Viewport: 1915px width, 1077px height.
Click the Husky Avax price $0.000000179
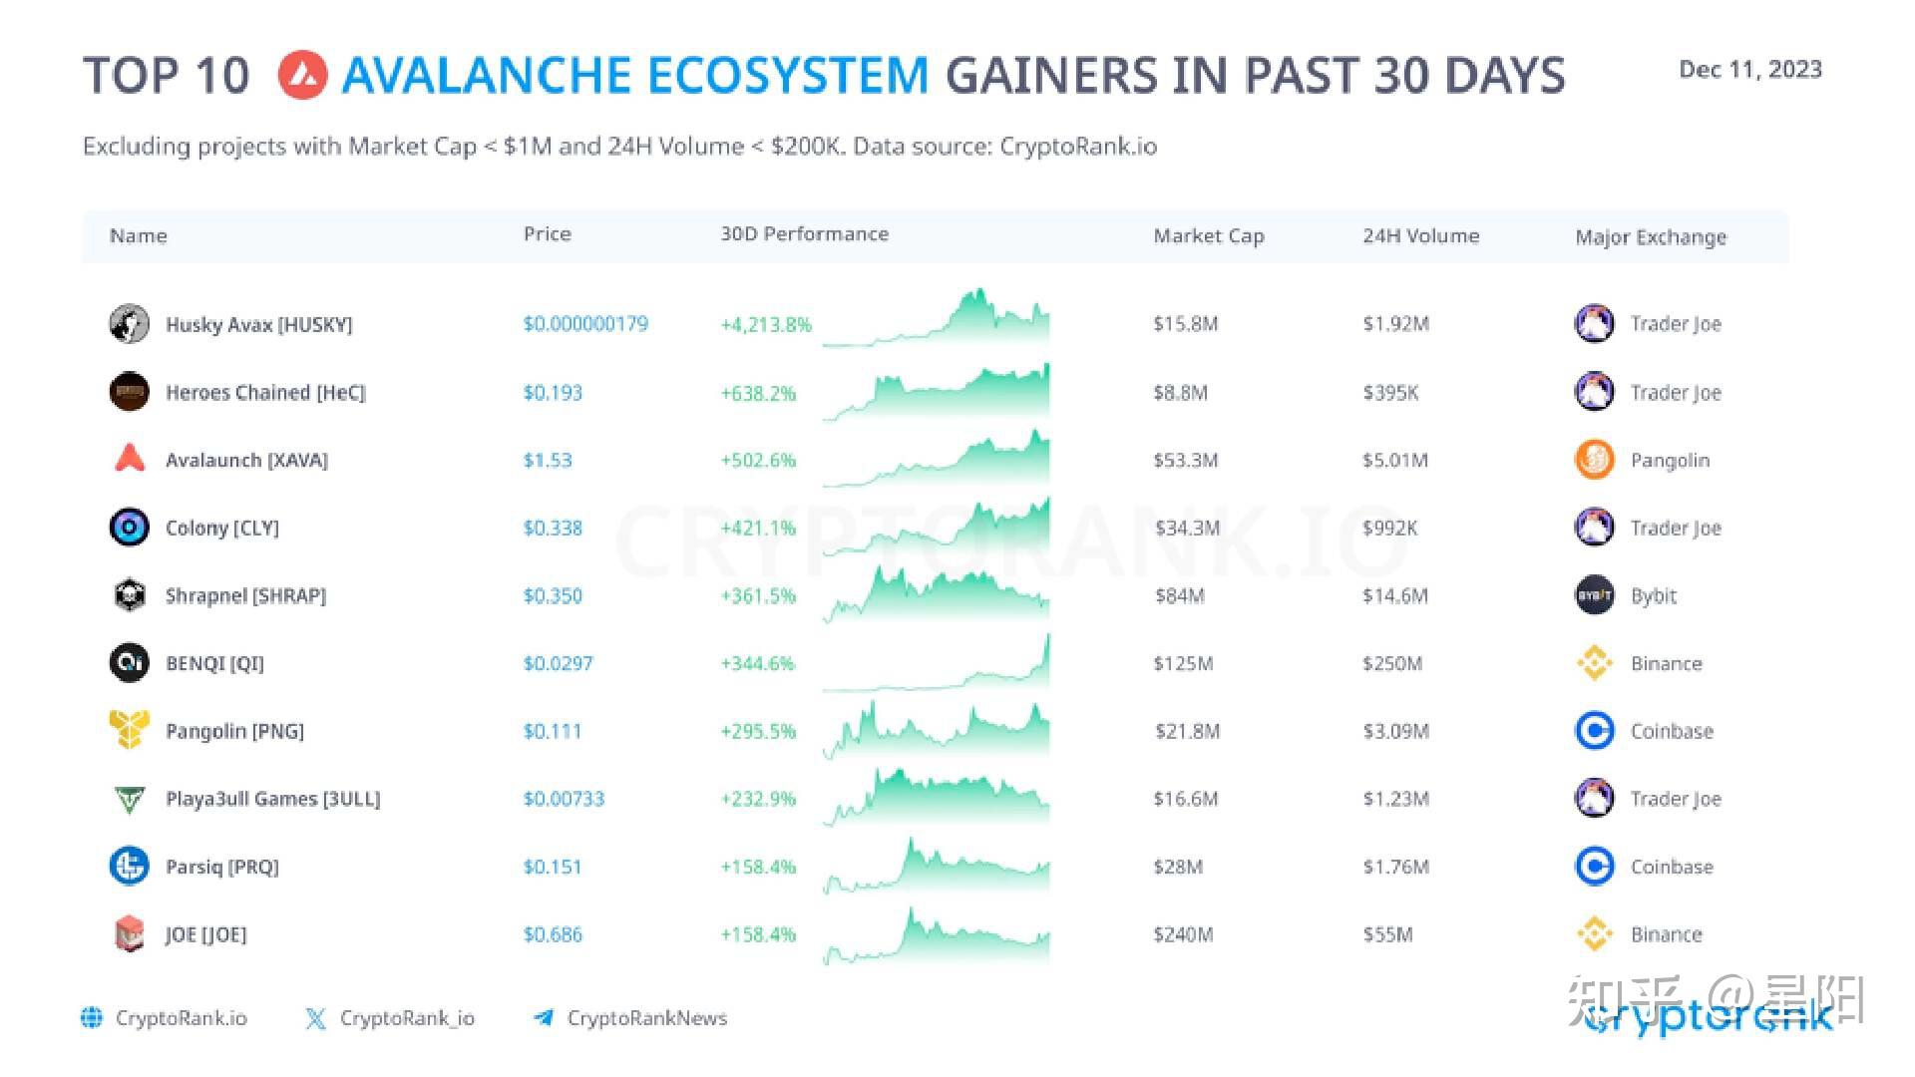(585, 324)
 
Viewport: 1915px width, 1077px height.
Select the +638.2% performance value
(758, 393)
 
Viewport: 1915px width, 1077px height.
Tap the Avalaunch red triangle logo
(130, 459)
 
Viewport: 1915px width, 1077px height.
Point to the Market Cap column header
(1208, 236)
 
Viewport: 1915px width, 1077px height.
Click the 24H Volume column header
(1420, 236)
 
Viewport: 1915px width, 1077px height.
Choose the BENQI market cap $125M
(1183, 663)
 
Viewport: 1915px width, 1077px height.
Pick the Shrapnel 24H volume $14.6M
(1395, 595)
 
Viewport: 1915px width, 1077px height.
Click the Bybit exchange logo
(1594, 595)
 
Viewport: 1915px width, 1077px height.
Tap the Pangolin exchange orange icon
(1594, 460)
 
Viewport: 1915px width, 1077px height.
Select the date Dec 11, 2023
(1750, 70)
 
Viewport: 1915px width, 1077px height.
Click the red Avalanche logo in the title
(303, 76)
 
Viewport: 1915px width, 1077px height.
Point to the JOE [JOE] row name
(205, 934)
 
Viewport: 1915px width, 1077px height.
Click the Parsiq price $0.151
(552, 867)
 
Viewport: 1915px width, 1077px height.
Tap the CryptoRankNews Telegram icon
(544, 1017)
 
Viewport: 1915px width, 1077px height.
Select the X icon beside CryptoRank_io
(315, 1018)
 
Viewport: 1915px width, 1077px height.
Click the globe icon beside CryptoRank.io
(92, 1017)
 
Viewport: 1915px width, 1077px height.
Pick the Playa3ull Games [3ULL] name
(272, 799)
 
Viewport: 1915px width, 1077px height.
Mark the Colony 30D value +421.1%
(758, 528)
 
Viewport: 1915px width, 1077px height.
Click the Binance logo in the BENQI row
(1594, 663)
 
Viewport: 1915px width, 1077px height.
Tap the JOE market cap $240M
(1183, 934)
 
